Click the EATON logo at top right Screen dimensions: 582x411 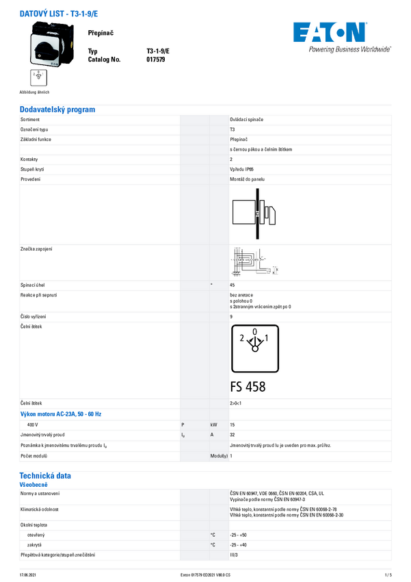(330, 32)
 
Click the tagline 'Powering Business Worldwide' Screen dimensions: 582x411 (349, 49)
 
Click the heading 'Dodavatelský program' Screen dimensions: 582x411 (57, 110)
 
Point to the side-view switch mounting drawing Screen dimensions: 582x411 (254, 213)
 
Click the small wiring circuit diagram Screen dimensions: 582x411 (254, 262)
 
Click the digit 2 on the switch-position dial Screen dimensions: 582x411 (242, 338)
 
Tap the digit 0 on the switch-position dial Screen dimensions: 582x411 (255, 331)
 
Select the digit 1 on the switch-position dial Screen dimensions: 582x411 (267, 338)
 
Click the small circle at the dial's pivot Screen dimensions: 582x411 (255, 349)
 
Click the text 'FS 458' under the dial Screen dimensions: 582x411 (248, 387)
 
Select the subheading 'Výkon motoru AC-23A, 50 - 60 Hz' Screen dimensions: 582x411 (60, 414)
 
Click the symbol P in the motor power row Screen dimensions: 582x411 (183, 425)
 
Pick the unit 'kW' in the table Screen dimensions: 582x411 (214, 425)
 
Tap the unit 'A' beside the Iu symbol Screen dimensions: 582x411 (213, 435)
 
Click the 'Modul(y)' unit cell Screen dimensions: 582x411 (219, 455)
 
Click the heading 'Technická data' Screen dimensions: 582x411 (45, 475)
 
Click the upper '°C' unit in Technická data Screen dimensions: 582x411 (213, 535)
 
